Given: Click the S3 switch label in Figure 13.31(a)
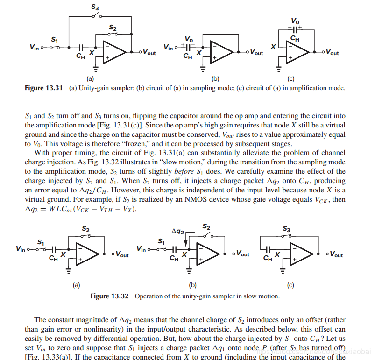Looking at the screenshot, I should [x=95, y=8].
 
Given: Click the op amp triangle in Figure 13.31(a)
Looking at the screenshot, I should [x=112, y=52].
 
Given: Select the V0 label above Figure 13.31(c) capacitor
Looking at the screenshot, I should [x=295, y=21].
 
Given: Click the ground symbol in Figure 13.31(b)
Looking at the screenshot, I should [x=203, y=68].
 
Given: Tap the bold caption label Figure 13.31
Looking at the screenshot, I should [x=43, y=88].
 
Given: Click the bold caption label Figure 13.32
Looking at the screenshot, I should [x=113, y=296].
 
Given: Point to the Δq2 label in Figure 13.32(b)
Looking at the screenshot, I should [x=178, y=231].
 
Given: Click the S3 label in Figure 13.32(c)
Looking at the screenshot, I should [x=286, y=229].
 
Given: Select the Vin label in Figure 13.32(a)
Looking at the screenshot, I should [x=21, y=249].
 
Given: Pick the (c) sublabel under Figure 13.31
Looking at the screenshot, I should [x=290, y=79].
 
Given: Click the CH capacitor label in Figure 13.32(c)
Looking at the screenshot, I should [x=268, y=258].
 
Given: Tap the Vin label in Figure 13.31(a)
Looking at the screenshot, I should [x=34, y=47].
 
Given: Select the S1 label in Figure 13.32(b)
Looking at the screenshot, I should [x=161, y=241].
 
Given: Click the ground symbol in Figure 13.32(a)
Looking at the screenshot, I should [x=70, y=269].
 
